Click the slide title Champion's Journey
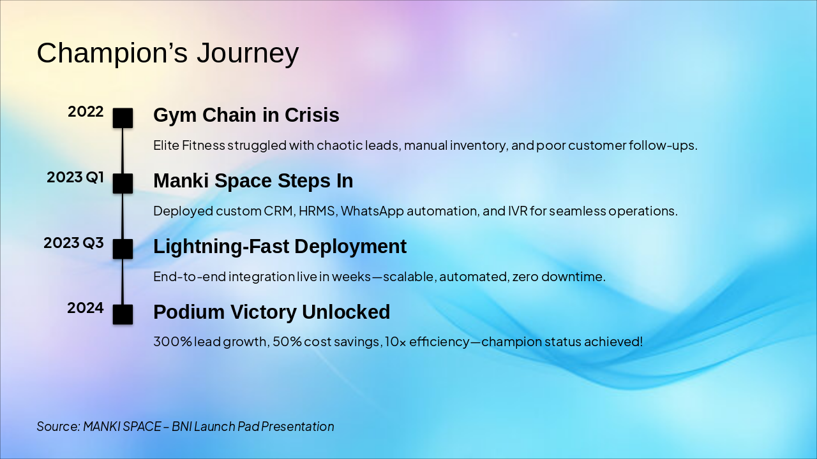click(x=168, y=53)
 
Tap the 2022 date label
click(x=86, y=112)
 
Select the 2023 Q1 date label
click(x=75, y=177)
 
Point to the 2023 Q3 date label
click(x=73, y=243)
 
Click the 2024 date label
click(x=86, y=308)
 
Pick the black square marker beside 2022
click(x=123, y=118)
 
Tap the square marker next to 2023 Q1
click(x=123, y=184)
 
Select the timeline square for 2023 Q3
click(x=123, y=249)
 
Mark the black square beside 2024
click(x=123, y=314)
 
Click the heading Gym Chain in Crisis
click(x=246, y=115)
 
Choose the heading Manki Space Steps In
click(x=253, y=180)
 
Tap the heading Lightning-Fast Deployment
click(x=280, y=246)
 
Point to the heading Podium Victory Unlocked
click(x=272, y=312)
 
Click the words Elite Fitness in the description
click(x=189, y=145)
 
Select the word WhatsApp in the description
click(x=372, y=211)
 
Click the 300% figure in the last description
click(x=172, y=342)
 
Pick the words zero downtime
click(x=558, y=277)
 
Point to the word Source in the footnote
click(x=59, y=426)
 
